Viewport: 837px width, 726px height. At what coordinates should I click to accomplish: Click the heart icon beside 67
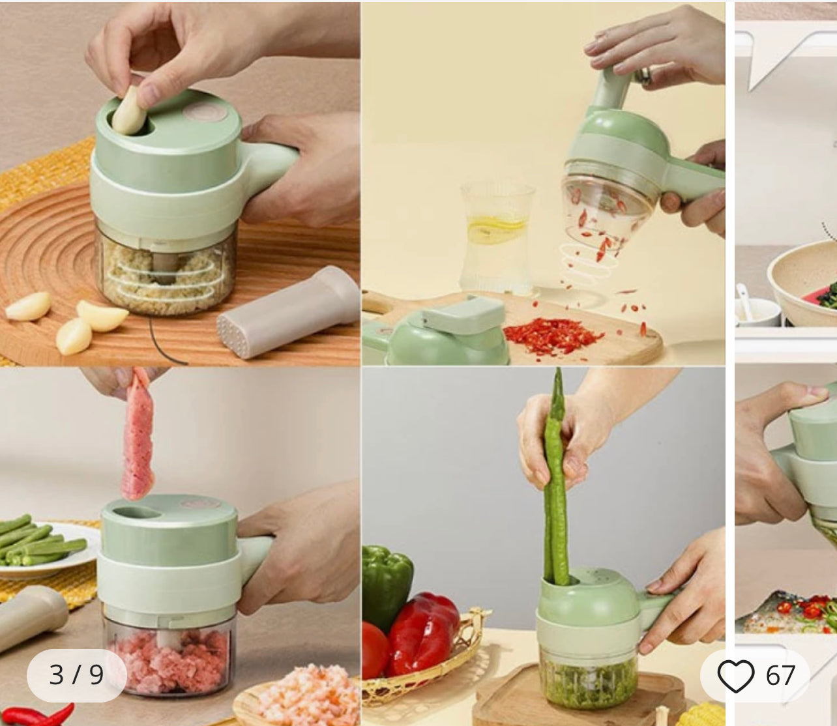[735, 675]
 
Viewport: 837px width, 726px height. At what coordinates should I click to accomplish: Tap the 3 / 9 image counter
[76, 675]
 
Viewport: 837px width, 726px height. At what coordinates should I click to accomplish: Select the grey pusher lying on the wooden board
[289, 312]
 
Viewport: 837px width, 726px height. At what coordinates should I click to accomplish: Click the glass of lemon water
[497, 238]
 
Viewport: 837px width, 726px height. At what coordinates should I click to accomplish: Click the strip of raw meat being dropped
[139, 433]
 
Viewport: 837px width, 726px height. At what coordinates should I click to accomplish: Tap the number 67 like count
[780, 675]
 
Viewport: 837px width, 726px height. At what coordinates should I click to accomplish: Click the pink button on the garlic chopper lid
[201, 110]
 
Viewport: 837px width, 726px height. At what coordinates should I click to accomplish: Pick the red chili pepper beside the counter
[39, 716]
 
